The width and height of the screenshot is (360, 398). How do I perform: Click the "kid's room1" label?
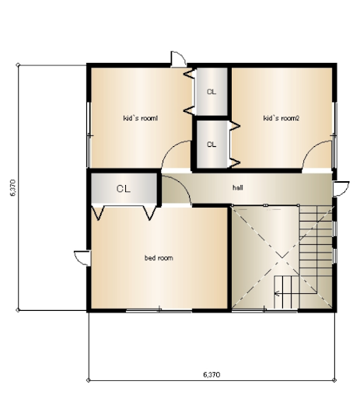pyautogui.click(x=140, y=118)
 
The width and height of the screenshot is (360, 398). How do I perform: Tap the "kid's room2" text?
pyautogui.click(x=281, y=118)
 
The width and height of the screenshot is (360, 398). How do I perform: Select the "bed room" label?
pyautogui.click(x=159, y=258)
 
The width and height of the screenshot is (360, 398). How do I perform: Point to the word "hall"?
pyautogui.click(x=238, y=187)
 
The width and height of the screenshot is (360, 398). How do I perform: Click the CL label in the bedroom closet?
pyautogui.click(x=124, y=189)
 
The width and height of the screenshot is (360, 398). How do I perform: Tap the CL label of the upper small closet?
pyautogui.click(x=211, y=92)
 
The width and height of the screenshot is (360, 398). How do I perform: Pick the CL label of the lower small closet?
pyautogui.click(x=211, y=145)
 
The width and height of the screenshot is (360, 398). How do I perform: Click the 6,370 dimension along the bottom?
pyautogui.click(x=211, y=375)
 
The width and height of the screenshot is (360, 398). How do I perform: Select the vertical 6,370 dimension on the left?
pyautogui.click(x=13, y=187)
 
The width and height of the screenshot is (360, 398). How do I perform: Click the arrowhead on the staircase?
pyautogui.click(x=277, y=294)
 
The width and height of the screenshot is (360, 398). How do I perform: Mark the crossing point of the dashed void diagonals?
pyautogui.click(x=282, y=257)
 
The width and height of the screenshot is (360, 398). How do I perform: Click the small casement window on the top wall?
pyautogui.click(x=178, y=59)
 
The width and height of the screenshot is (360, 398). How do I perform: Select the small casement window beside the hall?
pyautogui.click(x=341, y=189)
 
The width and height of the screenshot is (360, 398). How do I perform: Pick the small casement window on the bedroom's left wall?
pyautogui.click(x=82, y=258)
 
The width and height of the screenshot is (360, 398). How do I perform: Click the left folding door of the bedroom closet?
pyautogui.click(x=98, y=212)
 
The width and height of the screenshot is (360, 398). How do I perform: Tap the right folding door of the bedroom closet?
pyautogui.click(x=150, y=212)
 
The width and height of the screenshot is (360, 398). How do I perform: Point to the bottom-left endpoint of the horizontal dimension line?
pyautogui.click(x=88, y=380)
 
